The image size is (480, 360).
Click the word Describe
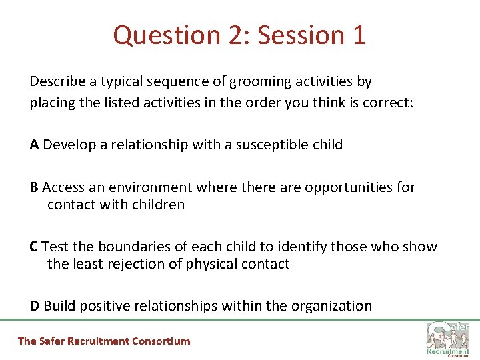coord(57,82)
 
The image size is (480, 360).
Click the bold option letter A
coord(34,145)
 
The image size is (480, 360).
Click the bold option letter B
coord(34,187)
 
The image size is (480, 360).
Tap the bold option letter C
coord(34,247)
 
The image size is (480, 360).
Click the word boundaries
coord(123,247)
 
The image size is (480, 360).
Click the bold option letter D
coord(35,306)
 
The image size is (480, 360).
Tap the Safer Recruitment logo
coord(448,339)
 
